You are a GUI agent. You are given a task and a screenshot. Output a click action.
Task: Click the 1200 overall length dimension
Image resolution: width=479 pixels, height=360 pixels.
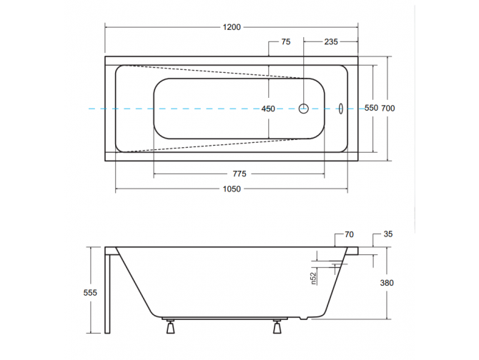point(231,27)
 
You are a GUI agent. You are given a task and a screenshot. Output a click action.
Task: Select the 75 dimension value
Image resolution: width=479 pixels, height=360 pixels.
point(285,42)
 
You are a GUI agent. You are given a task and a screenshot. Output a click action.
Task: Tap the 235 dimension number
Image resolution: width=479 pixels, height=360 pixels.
point(330,42)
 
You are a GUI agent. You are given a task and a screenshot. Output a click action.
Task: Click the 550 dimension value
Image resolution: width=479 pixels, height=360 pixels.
point(370,109)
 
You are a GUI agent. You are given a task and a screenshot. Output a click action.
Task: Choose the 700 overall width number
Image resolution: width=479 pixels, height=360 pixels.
point(387,109)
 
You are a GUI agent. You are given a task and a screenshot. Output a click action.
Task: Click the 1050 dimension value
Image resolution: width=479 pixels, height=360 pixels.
point(231,189)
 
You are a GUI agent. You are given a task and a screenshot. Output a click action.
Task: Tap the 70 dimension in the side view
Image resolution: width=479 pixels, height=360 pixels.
point(349,234)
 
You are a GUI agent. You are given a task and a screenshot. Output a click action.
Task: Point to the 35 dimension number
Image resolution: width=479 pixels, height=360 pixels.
point(388,234)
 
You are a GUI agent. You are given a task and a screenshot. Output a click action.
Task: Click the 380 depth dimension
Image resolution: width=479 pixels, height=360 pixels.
point(387,283)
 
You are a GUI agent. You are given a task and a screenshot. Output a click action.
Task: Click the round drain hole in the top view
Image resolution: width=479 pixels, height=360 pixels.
point(303,109)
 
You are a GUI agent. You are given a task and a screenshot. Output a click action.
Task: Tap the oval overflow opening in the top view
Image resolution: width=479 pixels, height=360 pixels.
point(341,109)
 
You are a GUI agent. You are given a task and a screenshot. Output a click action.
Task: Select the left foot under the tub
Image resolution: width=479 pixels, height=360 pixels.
point(170,328)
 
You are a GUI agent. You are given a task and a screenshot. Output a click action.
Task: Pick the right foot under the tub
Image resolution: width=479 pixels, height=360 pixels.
point(277,328)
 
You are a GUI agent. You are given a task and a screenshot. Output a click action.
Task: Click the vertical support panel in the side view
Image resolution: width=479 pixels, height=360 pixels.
point(108,293)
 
